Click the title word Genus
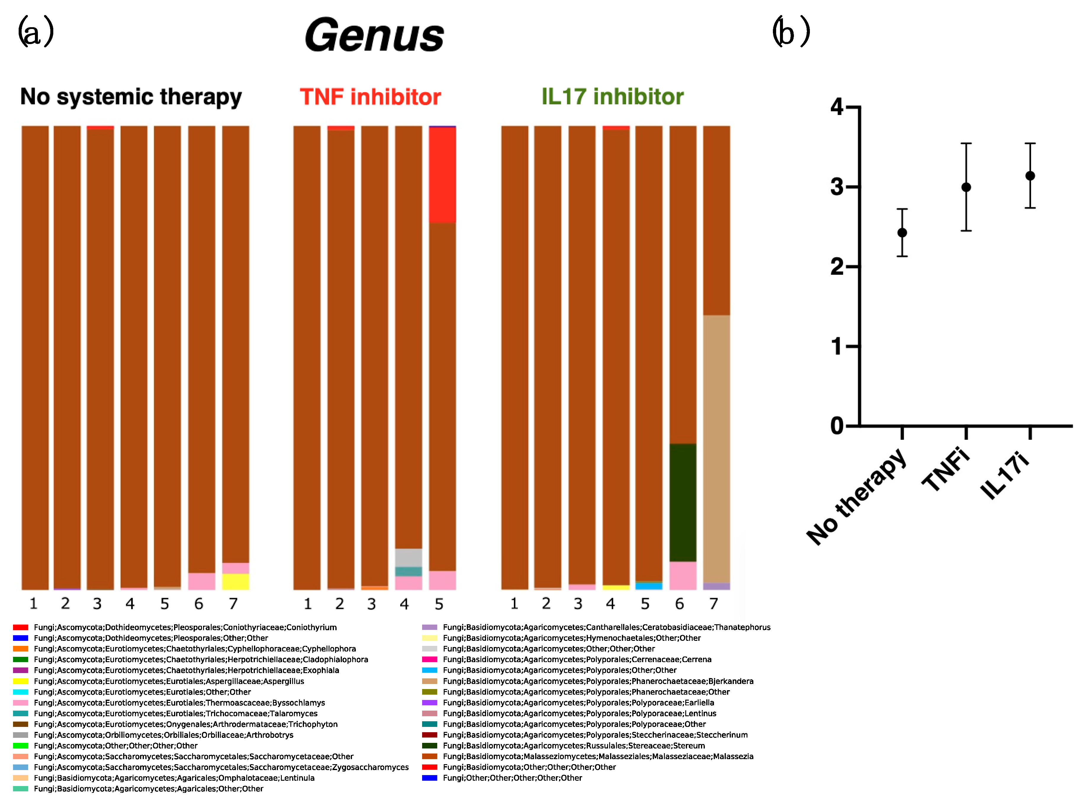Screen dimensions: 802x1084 [x=374, y=35]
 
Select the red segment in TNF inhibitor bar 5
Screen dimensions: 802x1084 [x=442, y=175]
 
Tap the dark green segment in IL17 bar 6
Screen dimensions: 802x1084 [x=683, y=502]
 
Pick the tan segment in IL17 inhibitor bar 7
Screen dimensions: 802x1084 [x=716, y=449]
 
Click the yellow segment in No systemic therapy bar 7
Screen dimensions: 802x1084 [x=236, y=582]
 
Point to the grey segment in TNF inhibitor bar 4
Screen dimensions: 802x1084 [x=408, y=558]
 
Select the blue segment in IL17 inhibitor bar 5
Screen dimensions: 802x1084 [x=649, y=586]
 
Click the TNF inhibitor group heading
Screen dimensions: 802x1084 [x=370, y=97]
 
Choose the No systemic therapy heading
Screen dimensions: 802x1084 [x=131, y=97]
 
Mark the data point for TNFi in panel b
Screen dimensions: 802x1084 [x=966, y=187]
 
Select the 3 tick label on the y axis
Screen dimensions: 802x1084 [x=837, y=187]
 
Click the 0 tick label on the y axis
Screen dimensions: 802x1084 [x=837, y=426]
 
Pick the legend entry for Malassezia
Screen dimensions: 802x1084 [x=598, y=756]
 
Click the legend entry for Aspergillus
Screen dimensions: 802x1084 [x=169, y=681]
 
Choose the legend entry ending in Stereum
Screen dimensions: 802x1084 [x=573, y=746]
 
